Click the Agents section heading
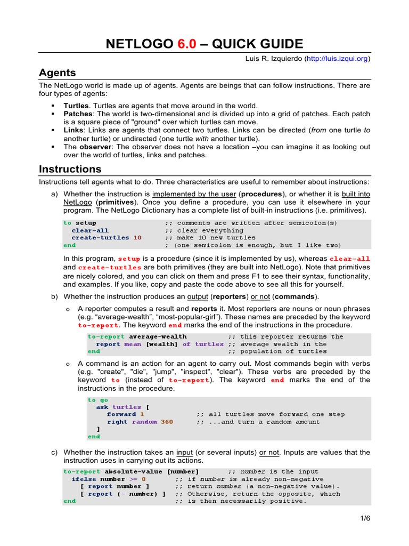58,73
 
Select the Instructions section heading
70,169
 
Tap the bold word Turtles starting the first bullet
76,106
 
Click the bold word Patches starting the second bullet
78,114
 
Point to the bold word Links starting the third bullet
73,130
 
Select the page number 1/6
364,518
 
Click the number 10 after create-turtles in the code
137,238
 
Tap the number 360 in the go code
167,422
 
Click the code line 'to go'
98,400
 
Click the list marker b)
55,296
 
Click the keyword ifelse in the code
84,479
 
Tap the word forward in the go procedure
121,414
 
